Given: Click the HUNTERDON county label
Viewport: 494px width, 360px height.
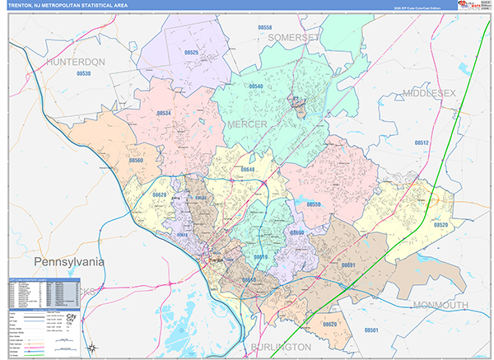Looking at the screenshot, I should click(x=77, y=62).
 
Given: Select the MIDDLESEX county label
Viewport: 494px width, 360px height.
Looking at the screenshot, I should click(x=429, y=94).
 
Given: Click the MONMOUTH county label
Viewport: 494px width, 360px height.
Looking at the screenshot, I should click(x=436, y=306).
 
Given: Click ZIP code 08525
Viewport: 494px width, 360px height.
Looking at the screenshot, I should click(x=191, y=52).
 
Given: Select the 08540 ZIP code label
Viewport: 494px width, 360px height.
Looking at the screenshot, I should click(x=256, y=86).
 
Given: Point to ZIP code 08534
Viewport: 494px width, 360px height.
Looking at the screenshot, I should click(x=164, y=113).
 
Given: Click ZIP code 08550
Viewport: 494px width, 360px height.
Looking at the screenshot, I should click(x=314, y=203).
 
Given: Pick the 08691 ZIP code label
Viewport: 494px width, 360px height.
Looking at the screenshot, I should click(x=347, y=265).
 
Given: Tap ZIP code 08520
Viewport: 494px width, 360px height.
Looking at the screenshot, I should click(x=440, y=225).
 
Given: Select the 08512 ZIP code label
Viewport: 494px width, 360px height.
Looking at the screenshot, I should click(x=421, y=143).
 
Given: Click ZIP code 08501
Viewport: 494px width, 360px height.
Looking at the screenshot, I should click(x=371, y=330).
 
